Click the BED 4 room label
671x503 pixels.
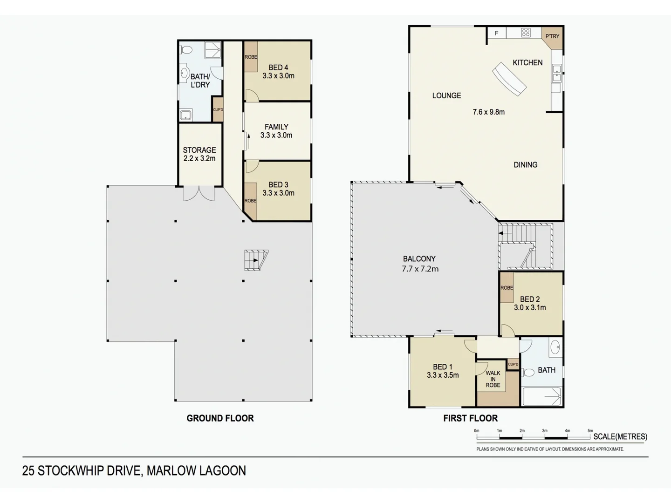click(x=278, y=72)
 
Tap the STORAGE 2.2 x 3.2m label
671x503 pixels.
click(x=199, y=154)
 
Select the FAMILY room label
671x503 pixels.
click(x=276, y=131)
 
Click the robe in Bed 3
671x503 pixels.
click(x=250, y=201)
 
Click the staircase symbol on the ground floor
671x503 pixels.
click(x=255, y=260)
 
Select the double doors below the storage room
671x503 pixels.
click(x=199, y=193)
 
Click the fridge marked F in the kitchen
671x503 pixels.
click(x=497, y=33)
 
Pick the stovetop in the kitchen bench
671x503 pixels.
click(x=526, y=33)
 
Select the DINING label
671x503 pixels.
click(x=525, y=165)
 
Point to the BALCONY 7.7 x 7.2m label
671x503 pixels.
click(x=420, y=264)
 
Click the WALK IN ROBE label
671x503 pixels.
click(x=493, y=379)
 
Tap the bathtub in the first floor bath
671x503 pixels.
click(x=541, y=396)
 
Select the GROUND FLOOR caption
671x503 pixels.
click(x=220, y=418)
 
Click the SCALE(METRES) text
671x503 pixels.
click(x=620, y=437)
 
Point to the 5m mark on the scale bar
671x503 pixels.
click(x=590, y=431)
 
